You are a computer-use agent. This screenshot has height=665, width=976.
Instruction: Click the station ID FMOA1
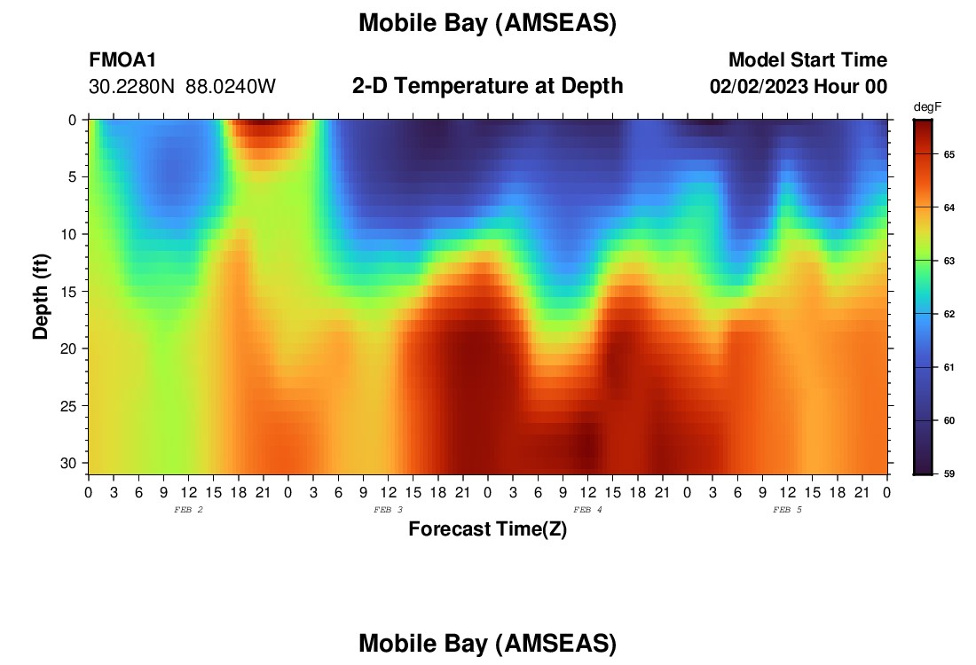pyautogui.click(x=122, y=59)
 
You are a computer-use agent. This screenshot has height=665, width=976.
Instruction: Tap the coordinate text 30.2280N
pyautogui.click(x=131, y=87)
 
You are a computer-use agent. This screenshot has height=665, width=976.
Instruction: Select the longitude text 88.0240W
pyautogui.click(x=231, y=87)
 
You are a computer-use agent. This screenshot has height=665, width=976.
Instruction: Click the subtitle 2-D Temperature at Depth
pyautogui.click(x=487, y=86)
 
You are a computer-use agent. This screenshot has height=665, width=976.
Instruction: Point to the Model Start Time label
pyautogui.click(x=807, y=59)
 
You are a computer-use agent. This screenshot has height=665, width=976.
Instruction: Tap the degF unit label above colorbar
pyautogui.click(x=927, y=107)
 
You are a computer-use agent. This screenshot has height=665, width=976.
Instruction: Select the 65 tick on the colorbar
pyautogui.click(x=948, y=154)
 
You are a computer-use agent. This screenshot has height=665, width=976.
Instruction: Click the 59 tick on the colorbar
pyautogui.click(x=948, y=473)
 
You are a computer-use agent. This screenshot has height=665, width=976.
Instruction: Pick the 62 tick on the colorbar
pyautogui.click(x=948, y=314)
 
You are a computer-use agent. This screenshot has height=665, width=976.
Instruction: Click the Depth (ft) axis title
pyautogui.click(x=41, y=296)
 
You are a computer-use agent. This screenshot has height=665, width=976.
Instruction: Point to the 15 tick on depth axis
pyautogui.click(x=67, y=292)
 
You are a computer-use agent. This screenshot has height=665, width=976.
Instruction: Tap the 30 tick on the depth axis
pyautogui.click(x=67, y=464)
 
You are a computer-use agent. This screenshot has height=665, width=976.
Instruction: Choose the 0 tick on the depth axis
pyautogui.click(x=72, y=120)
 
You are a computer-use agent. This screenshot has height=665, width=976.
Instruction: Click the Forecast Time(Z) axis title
pyautogui.click(x=487, y=528)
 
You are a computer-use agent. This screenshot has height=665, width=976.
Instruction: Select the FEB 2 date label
pyautogui.click(x=188, y=510)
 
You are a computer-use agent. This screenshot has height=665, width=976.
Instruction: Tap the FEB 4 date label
pyautogui.click(x=587, y=510)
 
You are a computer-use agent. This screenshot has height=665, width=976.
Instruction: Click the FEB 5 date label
pyautogui.click(x=787, y=510)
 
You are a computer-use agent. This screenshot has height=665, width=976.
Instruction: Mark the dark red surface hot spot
pyautogui.click(x=264, y=129)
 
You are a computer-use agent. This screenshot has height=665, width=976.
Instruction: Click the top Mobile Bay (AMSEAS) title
pyautogui.click(x=487, y=23)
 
